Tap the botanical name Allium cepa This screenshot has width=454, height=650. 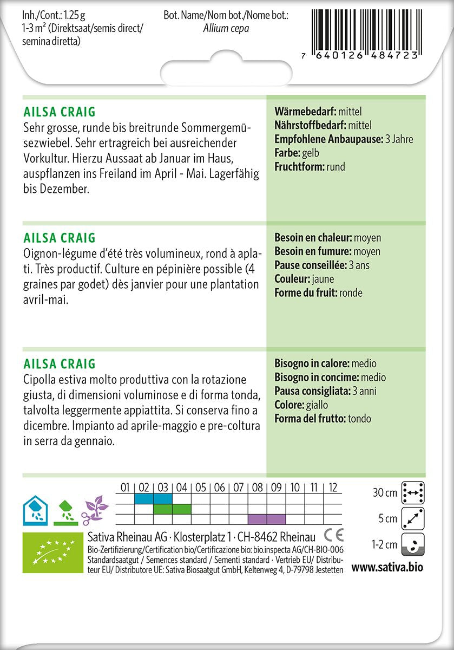tap(226, 29)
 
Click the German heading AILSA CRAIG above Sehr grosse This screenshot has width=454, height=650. tap(60, 112)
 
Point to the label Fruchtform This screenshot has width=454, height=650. tap(300, 167)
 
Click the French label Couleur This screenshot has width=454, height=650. tap(292, 279)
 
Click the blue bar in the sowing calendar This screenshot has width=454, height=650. tap(153, 498)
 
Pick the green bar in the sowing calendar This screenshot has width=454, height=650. tap(172, 509)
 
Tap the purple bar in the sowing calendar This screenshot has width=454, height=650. tap(267, 519)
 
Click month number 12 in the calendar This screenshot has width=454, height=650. tap(333, 487)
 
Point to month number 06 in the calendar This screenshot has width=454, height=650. tap(219, 487)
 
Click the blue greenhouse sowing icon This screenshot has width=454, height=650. tap(35, 510)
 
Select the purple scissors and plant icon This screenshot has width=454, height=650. tap(95, 509)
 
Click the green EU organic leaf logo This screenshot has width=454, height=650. tap(52, 552)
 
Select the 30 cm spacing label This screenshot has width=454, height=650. tap(385, 493)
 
